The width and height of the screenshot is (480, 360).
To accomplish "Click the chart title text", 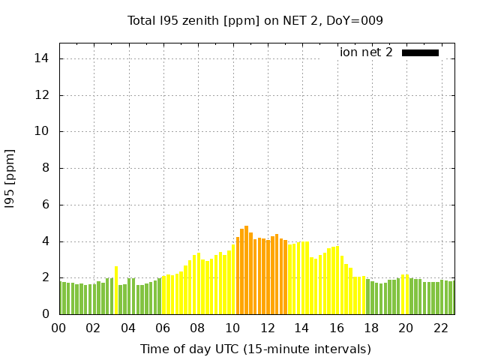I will (x=255, y=20).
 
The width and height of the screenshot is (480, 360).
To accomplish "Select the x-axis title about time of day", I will (x=255, y=349).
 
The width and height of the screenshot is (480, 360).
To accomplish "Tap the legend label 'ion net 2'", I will (x=366, y=52).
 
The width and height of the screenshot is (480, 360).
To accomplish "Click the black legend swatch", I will (x=420, y=52).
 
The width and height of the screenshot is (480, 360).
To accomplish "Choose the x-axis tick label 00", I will (x=58, y=328).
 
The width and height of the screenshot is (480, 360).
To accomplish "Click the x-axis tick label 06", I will (x=163, y=328).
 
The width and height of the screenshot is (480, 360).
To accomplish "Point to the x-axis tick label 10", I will (x=232, y=328).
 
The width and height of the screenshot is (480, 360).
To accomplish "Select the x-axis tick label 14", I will (x=301, y=328).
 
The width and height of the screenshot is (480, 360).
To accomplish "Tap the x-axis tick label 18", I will (x=370, y=328).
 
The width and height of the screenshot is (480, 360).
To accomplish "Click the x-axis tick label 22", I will (x=440, y=328).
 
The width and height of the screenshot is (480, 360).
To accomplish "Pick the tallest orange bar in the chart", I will (x=246, y=270).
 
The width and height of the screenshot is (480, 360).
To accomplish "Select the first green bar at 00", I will (x=61, y=298).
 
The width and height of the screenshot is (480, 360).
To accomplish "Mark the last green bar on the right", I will (x=451, y=298).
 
